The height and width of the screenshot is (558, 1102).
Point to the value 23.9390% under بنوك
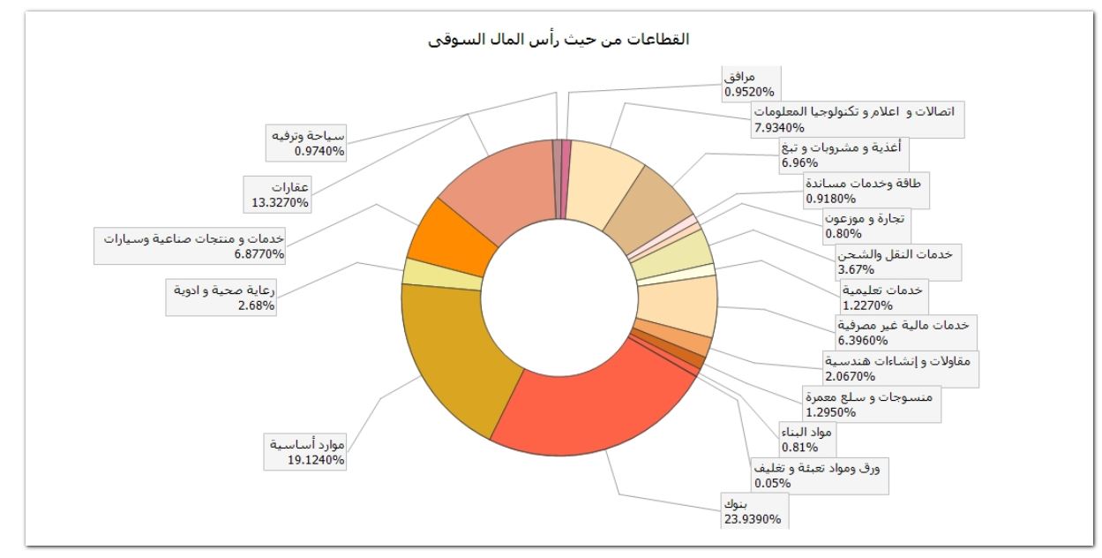pos(752,519)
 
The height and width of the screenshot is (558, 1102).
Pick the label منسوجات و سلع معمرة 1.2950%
pos(868,403)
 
